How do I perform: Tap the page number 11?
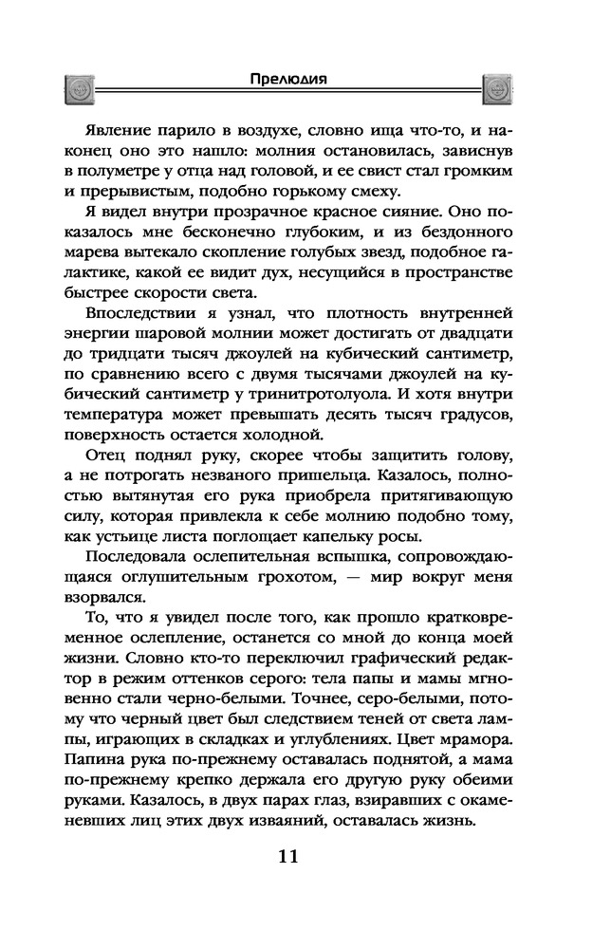pos(288,856)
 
